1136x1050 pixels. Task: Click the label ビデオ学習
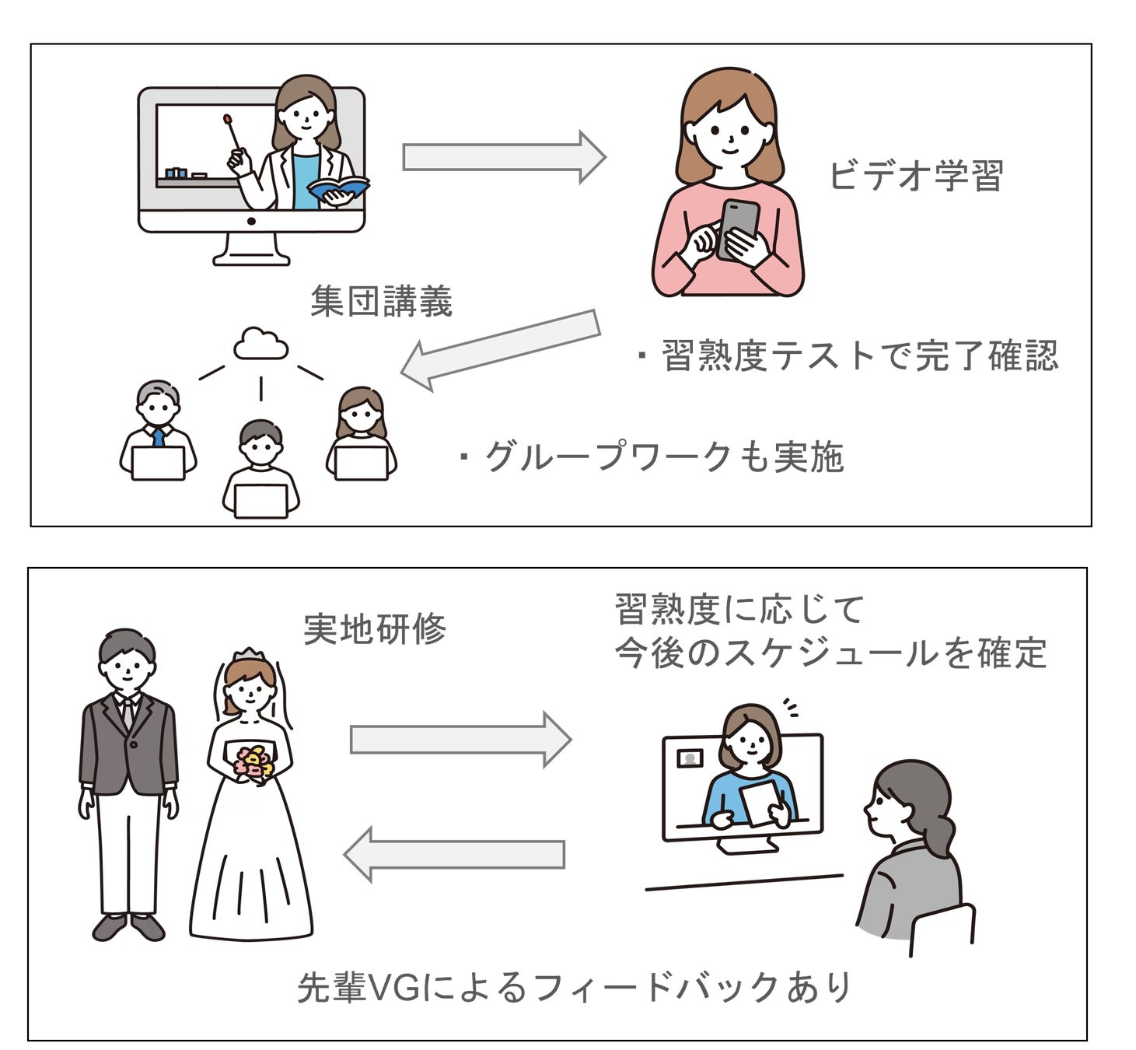pos(916,176)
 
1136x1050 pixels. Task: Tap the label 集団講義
pos(381,302)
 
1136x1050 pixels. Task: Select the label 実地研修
pos(375,629)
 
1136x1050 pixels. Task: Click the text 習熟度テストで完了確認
pos(858,356)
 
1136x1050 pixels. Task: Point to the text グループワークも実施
pos(663,457)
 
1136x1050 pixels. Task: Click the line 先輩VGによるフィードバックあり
pos(575,988)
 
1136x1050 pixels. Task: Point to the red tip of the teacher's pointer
pos(227,120)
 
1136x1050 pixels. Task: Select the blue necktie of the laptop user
pos(159,436)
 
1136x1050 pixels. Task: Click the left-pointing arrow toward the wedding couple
pos(455,854)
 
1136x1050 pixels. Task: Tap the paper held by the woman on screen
pos(760,802)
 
